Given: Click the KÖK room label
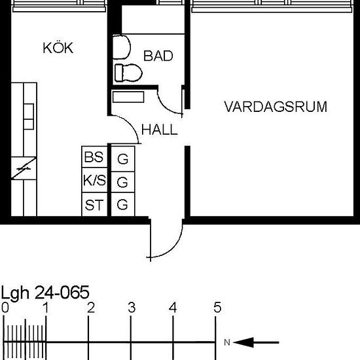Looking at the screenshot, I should point(57,48).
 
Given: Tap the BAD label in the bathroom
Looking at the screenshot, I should point(158,56).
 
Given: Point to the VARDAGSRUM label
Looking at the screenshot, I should point(275,107).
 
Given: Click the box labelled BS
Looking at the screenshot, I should point(93,158).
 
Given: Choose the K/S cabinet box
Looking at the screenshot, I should point(93,181).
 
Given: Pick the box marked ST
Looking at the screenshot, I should point(93,205).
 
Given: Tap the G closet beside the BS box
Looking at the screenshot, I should point(122,158).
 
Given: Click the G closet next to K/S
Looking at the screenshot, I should point(122,181).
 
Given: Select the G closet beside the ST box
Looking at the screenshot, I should point(122,205).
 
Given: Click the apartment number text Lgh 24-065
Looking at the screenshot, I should point(45,292).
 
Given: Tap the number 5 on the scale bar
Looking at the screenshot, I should point(217,308).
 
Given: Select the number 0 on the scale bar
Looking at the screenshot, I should point(5,308).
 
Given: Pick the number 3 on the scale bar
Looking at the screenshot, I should point(131,308).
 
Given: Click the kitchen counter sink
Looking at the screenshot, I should point(29,115).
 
